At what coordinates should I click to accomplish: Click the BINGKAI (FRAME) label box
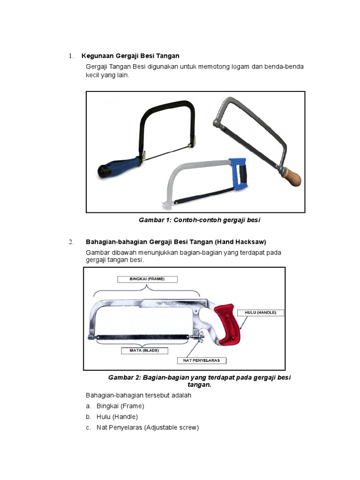[x=147, y=279]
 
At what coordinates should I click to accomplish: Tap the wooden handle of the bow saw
[x=291, y=178]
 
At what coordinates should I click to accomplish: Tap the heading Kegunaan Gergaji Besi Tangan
[x=130, y=56]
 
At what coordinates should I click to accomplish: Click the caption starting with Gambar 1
[x=199, y=220]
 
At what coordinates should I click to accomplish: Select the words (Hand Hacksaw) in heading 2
[x=240, y=242]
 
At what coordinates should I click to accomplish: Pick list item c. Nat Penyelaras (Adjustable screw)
[x=148, y=427]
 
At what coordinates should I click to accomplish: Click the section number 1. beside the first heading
[x=71, y=56]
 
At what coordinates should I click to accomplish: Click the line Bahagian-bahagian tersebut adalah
[x=138, y=395]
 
